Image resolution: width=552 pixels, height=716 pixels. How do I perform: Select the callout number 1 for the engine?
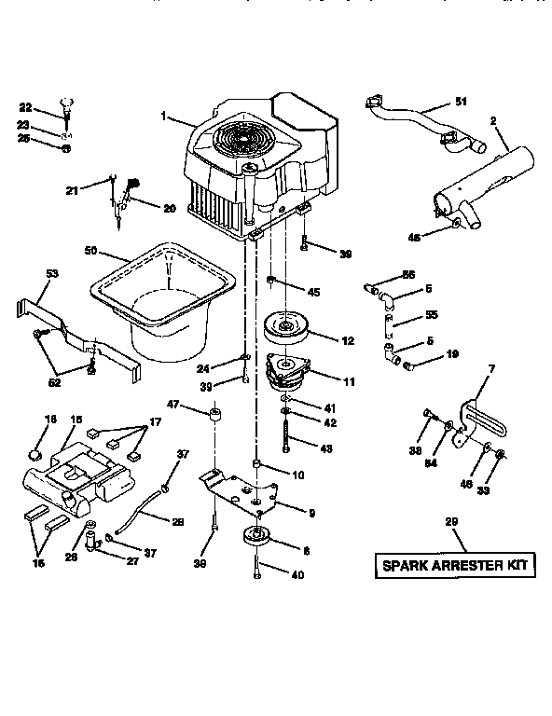pyautogui.click(x=164, y=117)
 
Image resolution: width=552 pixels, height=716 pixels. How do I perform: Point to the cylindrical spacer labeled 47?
pyautogui.click(x=216, y=413)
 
